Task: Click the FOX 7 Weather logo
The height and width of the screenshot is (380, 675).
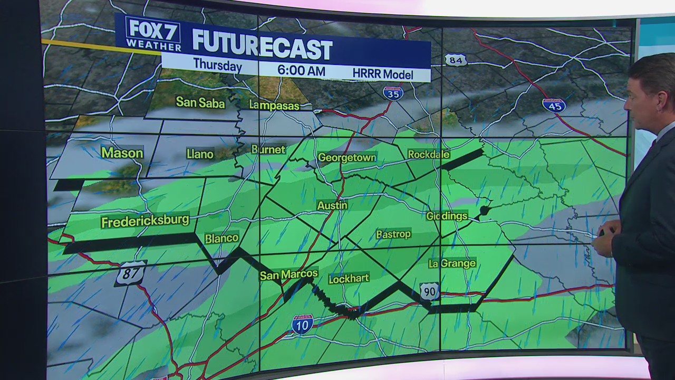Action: [153, 34]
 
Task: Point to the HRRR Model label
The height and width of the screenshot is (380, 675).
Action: [382, 74]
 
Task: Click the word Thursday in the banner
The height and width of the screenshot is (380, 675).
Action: [217, 65]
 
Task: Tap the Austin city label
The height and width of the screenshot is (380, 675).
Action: [332, 205]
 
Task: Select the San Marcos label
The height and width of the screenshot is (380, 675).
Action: [288, 274]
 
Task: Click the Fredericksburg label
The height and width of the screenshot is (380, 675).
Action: [145, 221]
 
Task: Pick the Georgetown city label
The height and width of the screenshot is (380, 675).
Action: [347, 157]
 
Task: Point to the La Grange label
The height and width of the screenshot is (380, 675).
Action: [452, 263]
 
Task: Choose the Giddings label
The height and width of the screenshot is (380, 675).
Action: [447, 216]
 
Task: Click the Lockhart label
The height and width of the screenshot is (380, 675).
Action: [349, 279]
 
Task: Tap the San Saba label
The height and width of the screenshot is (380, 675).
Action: [200, 102]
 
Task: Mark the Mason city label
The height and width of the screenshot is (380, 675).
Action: [122, 153]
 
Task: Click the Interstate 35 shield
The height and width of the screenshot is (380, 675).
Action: [393, 93]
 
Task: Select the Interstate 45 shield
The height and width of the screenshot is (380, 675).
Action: [554, 105]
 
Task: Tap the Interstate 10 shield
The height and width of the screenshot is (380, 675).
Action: [302, 324]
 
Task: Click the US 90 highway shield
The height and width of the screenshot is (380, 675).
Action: [430, 291]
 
